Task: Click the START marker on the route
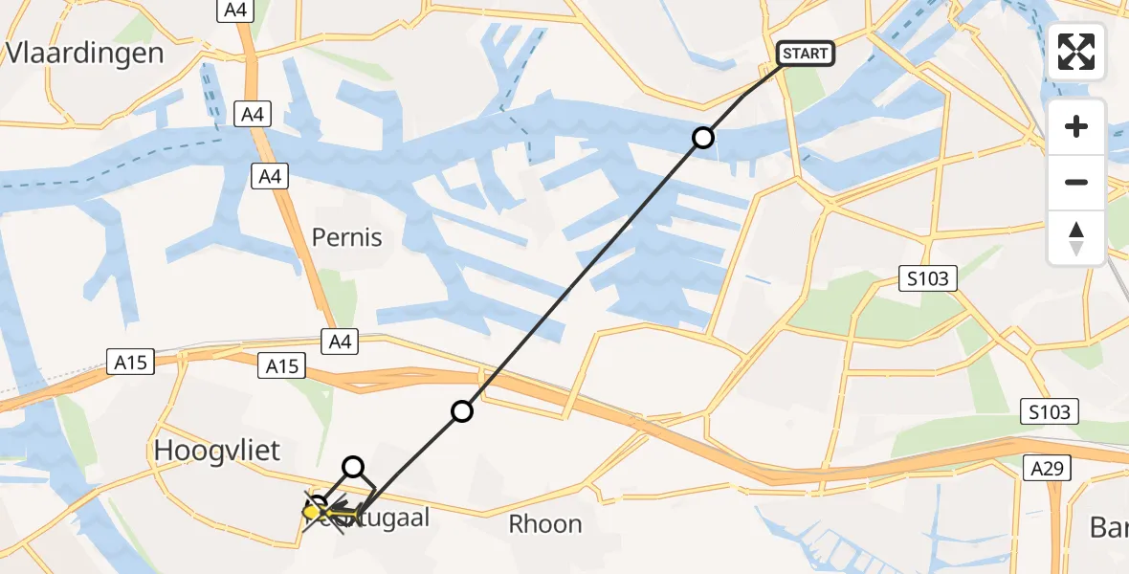coord(805,54)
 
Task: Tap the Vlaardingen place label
coord(84,53)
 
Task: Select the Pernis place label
coord(347,237)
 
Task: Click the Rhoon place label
coord(545,524)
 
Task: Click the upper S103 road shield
coord(929,278)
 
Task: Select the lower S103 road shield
coord(1049,411)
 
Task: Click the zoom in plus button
coord(1076,126)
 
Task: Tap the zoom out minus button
coord(1076,182)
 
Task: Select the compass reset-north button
coord(1076,237)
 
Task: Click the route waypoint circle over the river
coord(703,138)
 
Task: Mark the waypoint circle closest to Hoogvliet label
coord(353,467)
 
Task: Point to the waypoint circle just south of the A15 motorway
coord(462,411)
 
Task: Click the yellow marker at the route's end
coord(314,513)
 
